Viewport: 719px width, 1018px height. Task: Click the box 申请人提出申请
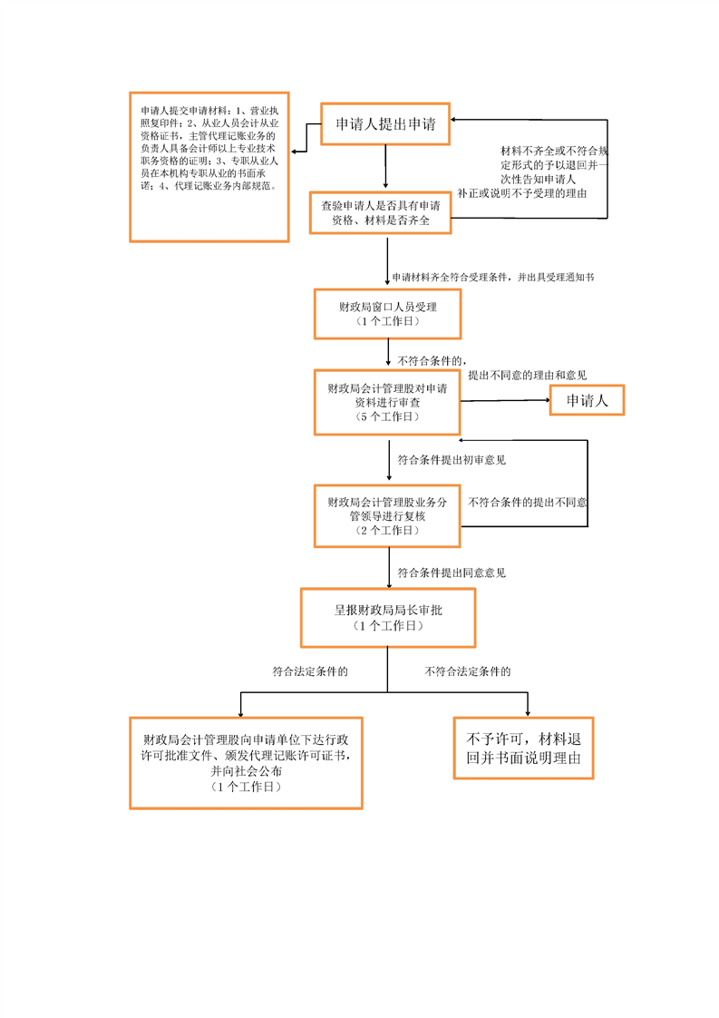point(386,124)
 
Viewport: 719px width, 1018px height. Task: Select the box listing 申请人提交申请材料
point(209,166)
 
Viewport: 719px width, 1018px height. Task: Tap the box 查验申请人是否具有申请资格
point(381,213)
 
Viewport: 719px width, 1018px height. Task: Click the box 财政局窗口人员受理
point(387,313)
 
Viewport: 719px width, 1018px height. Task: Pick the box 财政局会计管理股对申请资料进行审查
point(387,402)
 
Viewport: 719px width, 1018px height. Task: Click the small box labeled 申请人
point(588,400)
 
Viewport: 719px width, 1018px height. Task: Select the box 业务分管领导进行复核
point(387,516)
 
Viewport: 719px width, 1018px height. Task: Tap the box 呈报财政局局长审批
point(387,618)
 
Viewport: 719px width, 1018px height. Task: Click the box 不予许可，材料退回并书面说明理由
point(524,747)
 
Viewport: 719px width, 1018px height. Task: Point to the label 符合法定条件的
point(311,672)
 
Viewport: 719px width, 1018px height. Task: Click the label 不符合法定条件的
point(468,672)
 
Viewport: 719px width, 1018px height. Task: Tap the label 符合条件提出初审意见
point(452,460)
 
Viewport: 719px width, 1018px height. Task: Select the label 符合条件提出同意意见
point(452,573)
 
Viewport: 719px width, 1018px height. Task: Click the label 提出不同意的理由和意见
point(527,375)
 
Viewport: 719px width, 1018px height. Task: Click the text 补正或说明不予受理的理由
point(521,193)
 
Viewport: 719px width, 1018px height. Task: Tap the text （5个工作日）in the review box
point(387,416)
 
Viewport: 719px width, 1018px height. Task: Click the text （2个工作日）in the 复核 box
point(387,531)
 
